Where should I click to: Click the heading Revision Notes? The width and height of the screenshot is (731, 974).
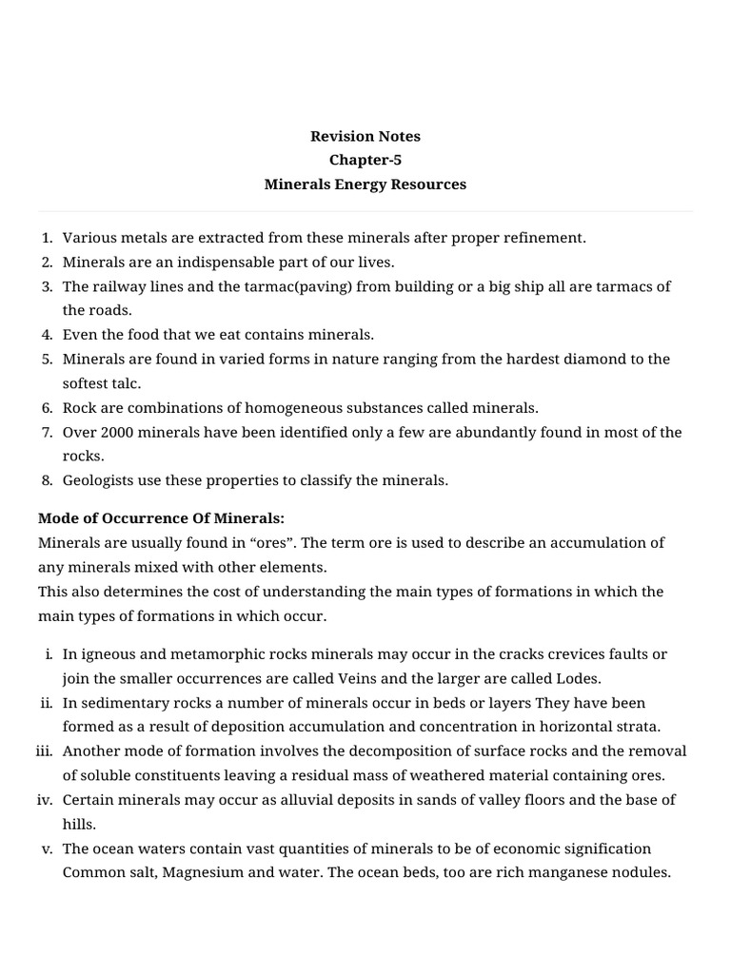(x=365, y=136)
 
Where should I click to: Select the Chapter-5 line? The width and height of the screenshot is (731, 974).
(x=365, y=160)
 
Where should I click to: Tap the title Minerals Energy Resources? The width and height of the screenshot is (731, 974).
(x=365, y=185)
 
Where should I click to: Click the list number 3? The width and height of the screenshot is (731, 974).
(x=47, y=286)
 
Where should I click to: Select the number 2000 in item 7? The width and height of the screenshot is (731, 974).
(x=114, y=432)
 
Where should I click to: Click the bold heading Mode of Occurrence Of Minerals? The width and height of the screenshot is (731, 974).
(x=161, y=518)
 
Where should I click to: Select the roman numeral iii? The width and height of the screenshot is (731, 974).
(x=44, y=750)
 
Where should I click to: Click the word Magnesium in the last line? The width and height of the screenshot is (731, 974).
(x=179, y=871)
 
